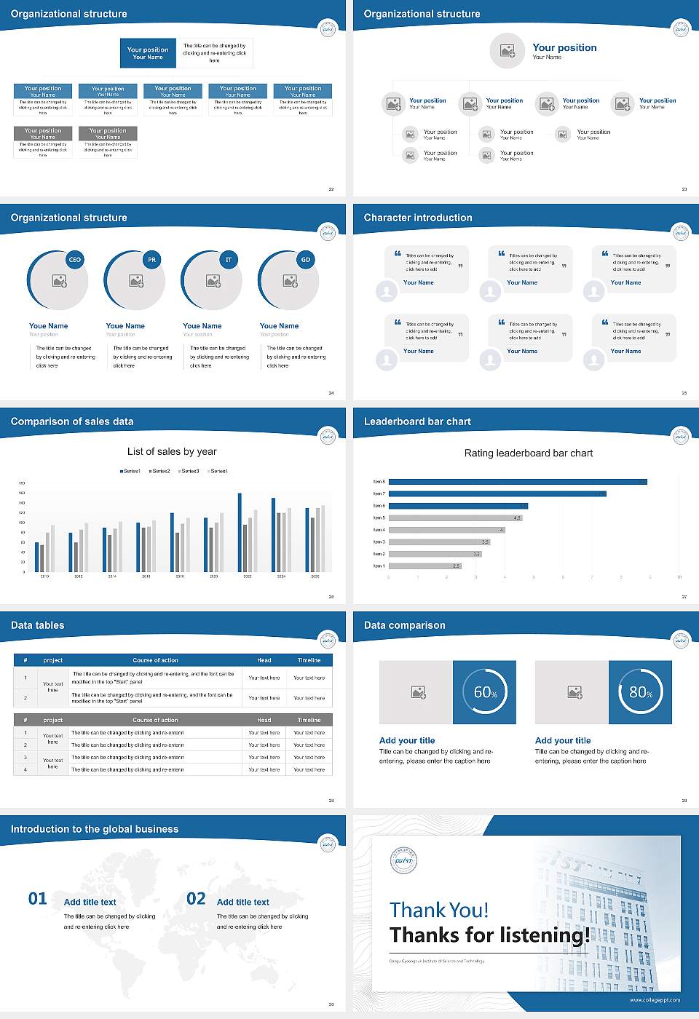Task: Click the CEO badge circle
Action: point(74,260)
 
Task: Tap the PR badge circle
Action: point(151,260)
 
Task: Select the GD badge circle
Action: point(306,260)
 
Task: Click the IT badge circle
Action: point(229,260)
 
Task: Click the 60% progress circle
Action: point(485,692)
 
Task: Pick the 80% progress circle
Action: point(640,692)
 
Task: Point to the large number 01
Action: point(38,899)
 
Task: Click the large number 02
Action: point(196,899)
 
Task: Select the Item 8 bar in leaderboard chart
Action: point(518,482)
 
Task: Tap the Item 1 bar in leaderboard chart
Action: point(425,566)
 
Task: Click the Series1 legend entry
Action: point(130,471)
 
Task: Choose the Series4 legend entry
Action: point(218,471)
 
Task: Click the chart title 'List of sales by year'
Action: point(172,451)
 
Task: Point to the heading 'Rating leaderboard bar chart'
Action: point(529,453)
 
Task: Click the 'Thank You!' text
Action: point(439,910)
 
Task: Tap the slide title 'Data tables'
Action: point(38,625)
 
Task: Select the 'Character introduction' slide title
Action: point(418,218)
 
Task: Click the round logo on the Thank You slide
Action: point(403,861)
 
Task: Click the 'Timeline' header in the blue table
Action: point(309,660)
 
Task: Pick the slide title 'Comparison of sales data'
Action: point(72,421)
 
